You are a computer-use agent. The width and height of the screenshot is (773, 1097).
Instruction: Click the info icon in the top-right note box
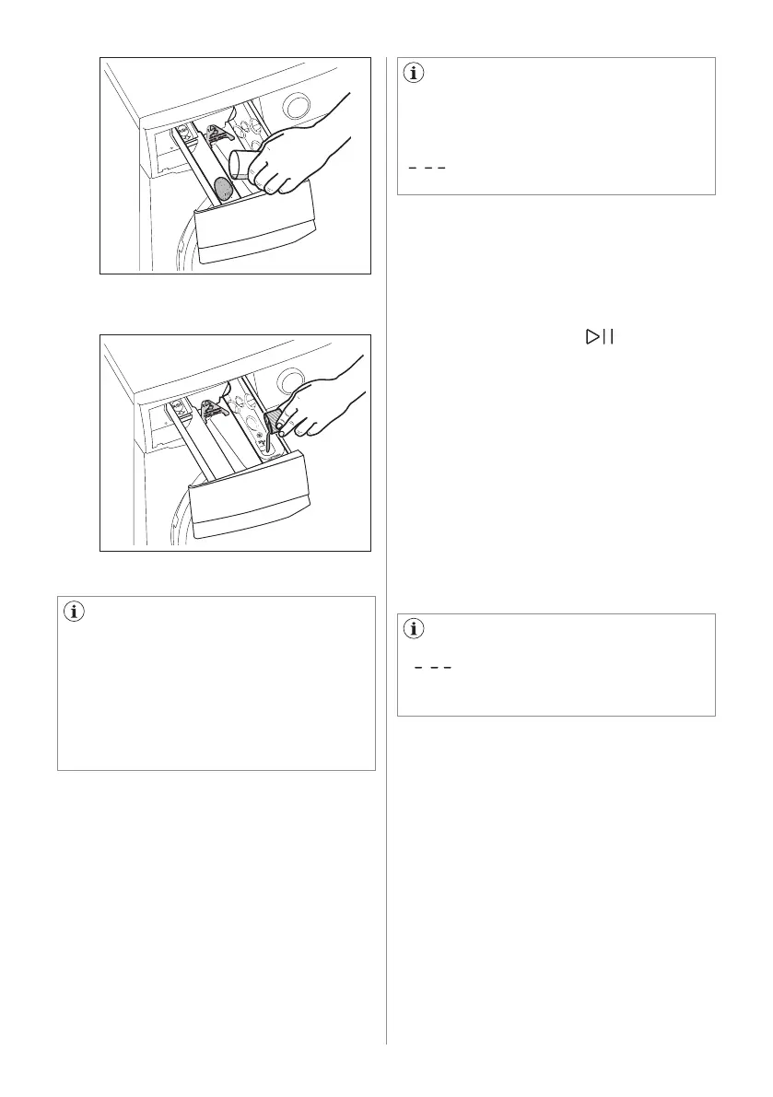414,75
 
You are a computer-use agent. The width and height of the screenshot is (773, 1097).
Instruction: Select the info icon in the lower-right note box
414,630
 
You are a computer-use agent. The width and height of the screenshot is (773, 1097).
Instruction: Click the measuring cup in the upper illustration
244,166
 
